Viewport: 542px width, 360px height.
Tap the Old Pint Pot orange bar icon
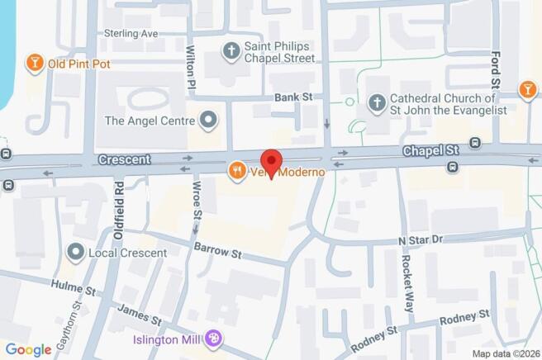35,63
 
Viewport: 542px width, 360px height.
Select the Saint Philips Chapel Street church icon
232,51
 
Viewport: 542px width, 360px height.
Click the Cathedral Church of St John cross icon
377,103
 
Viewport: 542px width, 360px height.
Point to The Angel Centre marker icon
209,121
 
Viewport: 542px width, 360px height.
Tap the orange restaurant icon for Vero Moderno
237,171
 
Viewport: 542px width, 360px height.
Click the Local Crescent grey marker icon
76,250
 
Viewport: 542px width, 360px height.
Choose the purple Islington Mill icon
214,339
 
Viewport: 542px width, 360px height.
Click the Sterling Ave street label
131,34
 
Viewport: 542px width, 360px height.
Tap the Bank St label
293,97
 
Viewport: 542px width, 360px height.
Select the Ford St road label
495,70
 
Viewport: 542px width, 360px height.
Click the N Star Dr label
421,239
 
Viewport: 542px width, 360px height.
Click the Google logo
29,348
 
